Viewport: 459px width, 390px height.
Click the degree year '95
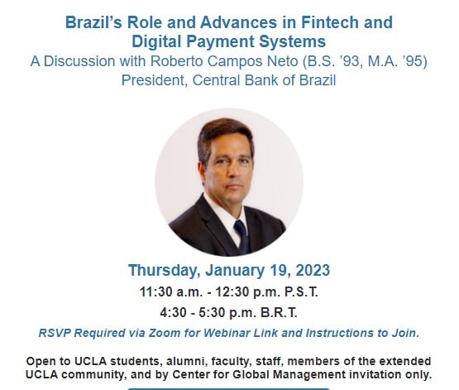pos(414,61)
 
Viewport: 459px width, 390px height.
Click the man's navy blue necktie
pos(241,236)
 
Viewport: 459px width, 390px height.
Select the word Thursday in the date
pos(165,271)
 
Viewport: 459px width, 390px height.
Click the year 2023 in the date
pos(313,271)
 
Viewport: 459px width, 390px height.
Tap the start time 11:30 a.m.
pos(171,291)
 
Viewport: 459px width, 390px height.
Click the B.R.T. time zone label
pos(279,313)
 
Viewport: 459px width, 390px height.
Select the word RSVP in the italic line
pos(55,333)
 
